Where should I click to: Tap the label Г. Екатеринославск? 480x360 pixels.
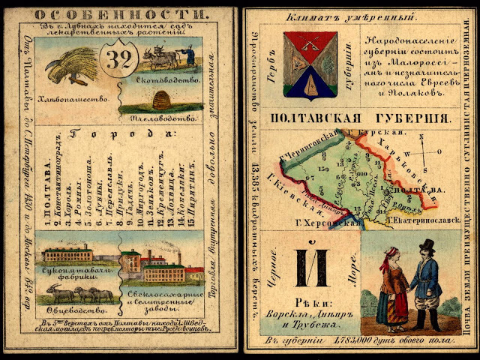coord(421,221)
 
